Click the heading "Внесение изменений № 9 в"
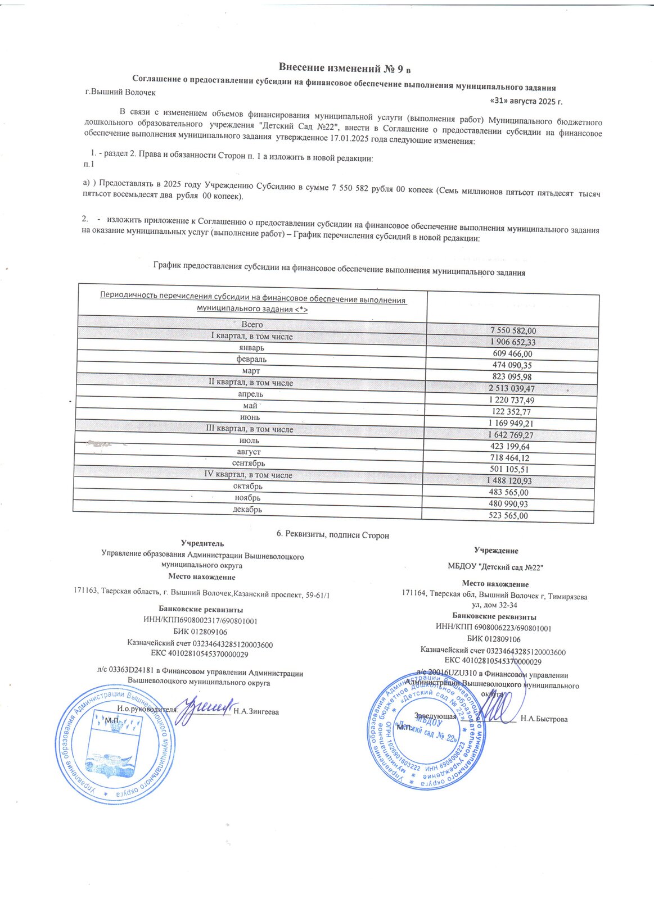(x=345, y=69)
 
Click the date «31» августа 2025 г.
(x=526, y=101)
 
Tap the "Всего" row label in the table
(x=252, y=324)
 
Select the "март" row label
(x=251, y=371)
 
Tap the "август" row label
(x=249, y=452)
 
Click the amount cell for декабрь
(x=508, y=515)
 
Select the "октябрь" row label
(x=248, y=486)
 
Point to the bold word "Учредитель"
(x=202, y=543)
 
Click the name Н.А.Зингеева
(x=256, y=711)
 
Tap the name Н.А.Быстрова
(x=544, y=719)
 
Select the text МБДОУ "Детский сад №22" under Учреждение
(x=495, y=567)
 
